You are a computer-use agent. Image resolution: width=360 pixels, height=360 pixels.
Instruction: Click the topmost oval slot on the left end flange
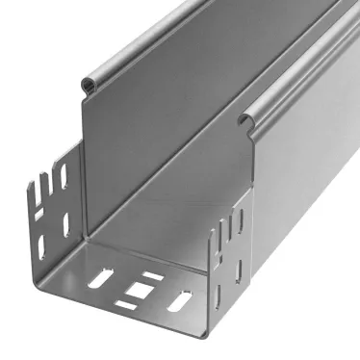[62, 176]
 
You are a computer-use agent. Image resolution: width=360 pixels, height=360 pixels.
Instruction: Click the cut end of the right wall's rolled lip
[245, 118]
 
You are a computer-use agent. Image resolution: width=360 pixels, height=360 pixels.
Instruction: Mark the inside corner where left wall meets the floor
[86, 237]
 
